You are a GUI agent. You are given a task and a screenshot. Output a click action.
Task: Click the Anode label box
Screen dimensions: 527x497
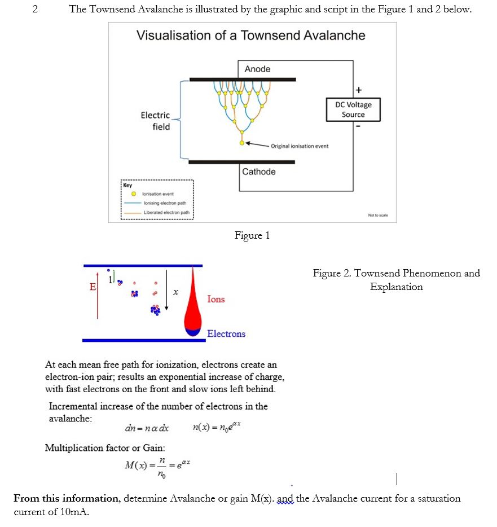coord(257,69)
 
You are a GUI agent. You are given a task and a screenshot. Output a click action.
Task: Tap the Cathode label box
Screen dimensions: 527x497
coord(259,172)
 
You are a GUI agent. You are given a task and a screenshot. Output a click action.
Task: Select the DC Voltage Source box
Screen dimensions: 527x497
coord(353,109)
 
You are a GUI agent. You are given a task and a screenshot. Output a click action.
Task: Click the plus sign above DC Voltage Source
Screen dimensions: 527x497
coord(358,90)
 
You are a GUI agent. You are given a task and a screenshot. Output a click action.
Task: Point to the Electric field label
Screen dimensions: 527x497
coord(156,121)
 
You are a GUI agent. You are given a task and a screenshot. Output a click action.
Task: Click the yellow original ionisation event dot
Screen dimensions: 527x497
coord(242,143)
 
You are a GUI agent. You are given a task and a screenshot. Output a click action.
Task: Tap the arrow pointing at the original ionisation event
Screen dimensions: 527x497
coord(257,144)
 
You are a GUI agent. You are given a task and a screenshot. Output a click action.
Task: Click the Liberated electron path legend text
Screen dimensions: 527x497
coord(166,213)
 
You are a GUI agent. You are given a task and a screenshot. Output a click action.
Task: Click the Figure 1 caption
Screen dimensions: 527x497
coord(252,235)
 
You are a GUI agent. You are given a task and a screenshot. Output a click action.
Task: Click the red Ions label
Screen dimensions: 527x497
coord(215,299)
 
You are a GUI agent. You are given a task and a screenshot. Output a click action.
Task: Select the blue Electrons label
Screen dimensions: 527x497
coord(226,333)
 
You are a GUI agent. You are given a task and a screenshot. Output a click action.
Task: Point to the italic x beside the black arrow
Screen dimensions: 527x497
coord(176,292)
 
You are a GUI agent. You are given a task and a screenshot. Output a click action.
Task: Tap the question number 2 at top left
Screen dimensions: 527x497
coord(35,10)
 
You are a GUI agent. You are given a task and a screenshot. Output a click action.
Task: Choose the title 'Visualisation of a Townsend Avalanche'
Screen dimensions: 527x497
coord(251,36)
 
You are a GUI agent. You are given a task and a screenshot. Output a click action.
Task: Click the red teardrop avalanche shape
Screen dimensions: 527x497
coord(193,305)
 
